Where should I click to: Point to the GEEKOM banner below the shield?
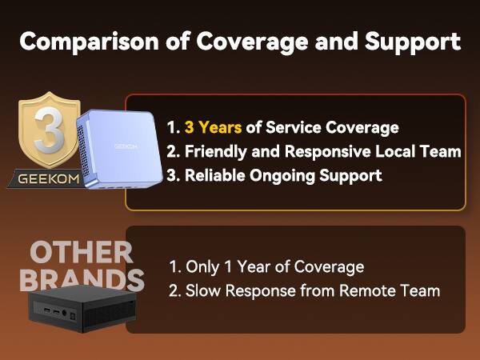click(x=49, y=178)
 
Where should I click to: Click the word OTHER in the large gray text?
click(x=81, y=253)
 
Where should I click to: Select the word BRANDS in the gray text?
click(x=81, y=280)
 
